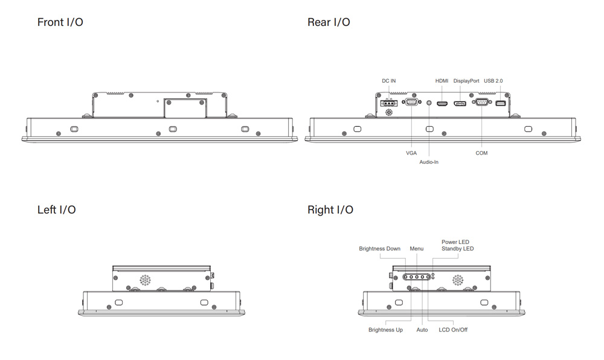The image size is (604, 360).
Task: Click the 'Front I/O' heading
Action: [x=60, y=22]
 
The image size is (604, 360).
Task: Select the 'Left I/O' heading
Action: [x=57, y=210]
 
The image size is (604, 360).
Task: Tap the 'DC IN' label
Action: [x=389, y=81]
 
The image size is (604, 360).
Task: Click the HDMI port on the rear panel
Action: [x=442, y=104]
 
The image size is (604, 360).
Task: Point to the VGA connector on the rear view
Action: [x=411, y=103]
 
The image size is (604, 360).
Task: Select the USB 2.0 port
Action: [x=500, y=103]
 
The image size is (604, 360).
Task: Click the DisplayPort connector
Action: [x=460, y=104]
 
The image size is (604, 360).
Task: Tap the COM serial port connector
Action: [x=481, y=103]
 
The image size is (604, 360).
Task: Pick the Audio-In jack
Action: [x=429, y=103]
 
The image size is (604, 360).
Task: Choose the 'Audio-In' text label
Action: [x=429, y=162]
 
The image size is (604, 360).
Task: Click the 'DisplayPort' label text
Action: [x=466, y=81]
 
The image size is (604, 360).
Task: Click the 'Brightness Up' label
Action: [x=385, y=330]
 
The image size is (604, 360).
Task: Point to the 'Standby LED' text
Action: [x=457, y=249]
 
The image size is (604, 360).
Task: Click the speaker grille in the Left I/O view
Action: [x=145, y=280]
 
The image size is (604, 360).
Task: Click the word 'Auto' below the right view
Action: [x=422, y=330]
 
